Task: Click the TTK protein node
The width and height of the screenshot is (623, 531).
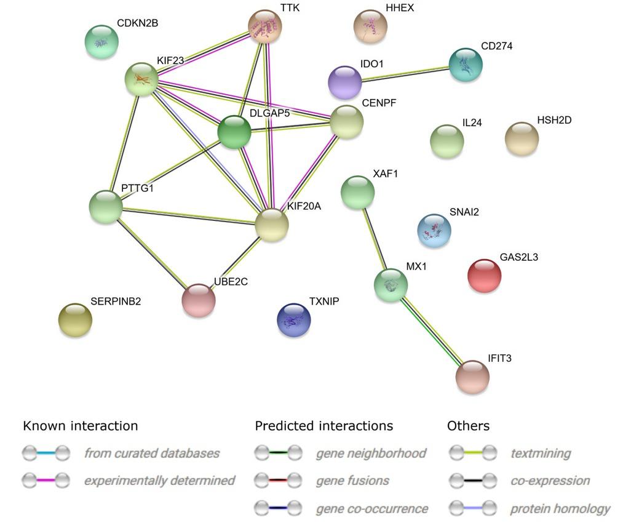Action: point(265,27)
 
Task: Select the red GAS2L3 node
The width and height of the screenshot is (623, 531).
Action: point(485,276)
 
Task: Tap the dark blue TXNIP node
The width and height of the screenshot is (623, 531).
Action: point(294,320)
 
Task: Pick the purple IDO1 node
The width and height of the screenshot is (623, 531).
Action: point(345,82)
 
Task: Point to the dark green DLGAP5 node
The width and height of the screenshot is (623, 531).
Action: point(234,132)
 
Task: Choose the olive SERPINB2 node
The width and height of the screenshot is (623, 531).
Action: point(75,320)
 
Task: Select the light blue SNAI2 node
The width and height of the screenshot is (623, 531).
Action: point(434,231)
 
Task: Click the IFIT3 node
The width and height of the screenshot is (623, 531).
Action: point(472,377)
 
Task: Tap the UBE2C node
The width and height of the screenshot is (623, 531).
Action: point(199,300)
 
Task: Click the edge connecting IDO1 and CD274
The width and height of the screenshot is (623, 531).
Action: point(405,73)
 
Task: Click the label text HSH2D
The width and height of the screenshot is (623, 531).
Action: point(554,121)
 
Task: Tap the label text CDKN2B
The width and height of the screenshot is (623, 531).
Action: point(137,23)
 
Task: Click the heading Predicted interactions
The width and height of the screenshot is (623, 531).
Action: point(323,426)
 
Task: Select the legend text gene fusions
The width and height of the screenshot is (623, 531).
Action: point(352,481)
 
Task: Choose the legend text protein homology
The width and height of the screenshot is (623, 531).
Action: point(560,509)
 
